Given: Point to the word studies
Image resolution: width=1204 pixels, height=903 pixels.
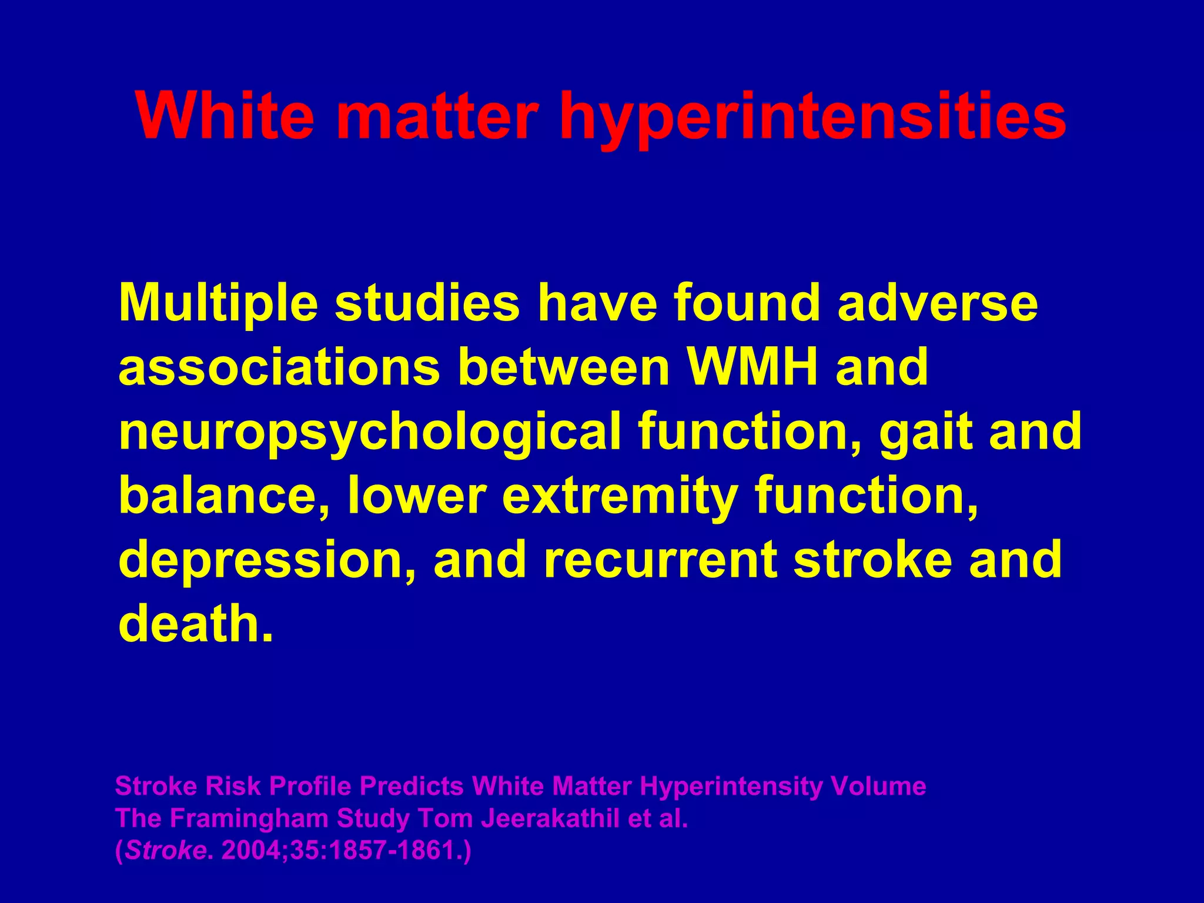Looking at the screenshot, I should pos(427,303).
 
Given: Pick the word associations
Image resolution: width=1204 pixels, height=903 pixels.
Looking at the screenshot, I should pos(279,367).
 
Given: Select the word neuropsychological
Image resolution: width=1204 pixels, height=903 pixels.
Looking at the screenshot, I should pos(370,432).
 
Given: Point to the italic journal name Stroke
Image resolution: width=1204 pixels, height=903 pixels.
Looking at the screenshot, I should pos(164,851).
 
